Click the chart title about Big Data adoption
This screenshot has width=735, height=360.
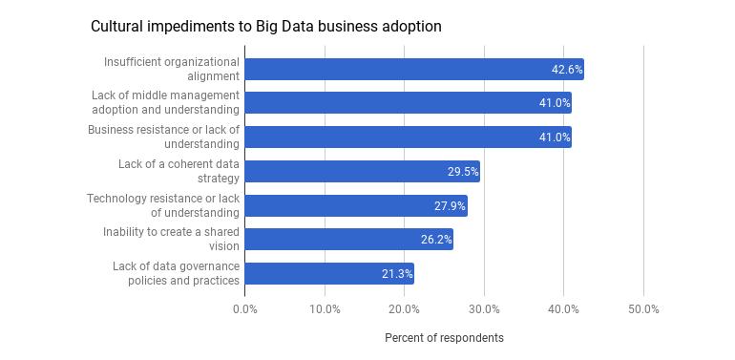265,26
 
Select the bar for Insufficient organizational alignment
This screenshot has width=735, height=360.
414,70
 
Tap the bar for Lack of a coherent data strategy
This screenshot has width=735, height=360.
363,172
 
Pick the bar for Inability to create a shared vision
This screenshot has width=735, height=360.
349,240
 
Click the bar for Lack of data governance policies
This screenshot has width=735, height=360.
329,274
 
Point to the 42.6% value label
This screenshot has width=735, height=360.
567,70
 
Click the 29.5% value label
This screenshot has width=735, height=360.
463,172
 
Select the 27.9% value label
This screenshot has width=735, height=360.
451,205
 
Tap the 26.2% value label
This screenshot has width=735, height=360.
436,240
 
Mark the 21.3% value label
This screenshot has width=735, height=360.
397,274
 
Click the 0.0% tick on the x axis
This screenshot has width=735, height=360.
245,309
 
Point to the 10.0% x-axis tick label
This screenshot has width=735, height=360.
325,309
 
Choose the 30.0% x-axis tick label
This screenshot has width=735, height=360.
484,309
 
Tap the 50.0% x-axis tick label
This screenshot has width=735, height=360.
643,309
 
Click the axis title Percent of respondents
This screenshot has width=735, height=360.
445,338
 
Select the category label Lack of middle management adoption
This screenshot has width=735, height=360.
165,103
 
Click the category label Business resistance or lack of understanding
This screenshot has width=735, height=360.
163,137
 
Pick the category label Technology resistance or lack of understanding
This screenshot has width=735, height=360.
163,205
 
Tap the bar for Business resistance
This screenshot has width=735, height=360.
409,137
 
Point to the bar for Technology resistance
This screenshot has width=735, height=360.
356,205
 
